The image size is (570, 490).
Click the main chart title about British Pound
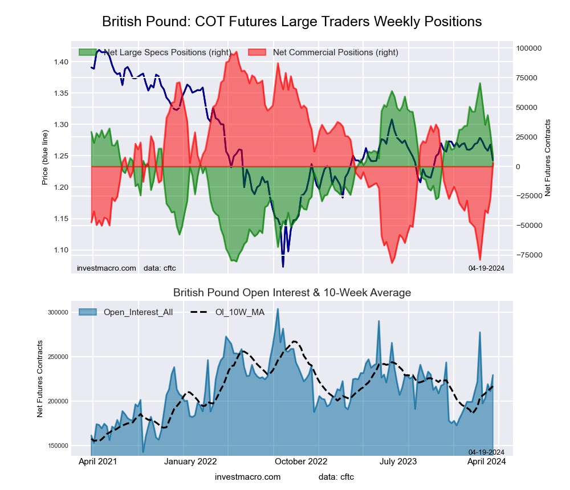[x=292, y=22]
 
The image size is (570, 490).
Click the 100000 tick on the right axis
[x=530, y=48]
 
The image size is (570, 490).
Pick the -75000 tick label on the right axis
[x=530, y=255]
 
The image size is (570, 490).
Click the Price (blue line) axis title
[x=45, y=157]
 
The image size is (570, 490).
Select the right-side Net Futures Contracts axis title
[x=548, y=158]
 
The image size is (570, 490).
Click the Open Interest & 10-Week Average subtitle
[x=292, y=293]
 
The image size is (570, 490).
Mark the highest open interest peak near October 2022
[x=278, y=309]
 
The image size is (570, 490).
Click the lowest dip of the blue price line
[x=283, y=266]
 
